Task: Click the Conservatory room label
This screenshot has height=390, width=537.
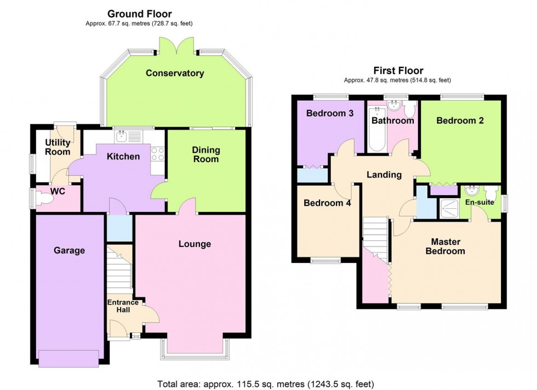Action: pyautogui.click(x=175, y=73)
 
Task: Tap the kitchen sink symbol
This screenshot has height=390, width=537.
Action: pyautogui.click(x=121, y=134)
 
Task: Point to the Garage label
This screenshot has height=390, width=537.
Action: pyautogui.click(x=69, y=250)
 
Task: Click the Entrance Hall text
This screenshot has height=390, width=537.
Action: pyautogui.click(x=123, y=307)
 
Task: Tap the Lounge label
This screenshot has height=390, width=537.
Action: pyautogui.click(x=195, y=244)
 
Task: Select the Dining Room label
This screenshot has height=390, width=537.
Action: pyautogui.click(x=206, y=154)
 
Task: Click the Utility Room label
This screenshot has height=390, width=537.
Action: pyautogui.click(x=58, y=147)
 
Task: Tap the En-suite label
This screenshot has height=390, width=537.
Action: pyautogui.click(x=480, y=202)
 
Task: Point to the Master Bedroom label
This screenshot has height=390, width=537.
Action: pyautogui.click(x=447, y=246)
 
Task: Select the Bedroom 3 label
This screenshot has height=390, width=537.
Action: pyautogui.click(x=329, y=114)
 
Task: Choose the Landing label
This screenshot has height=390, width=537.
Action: pyautogui.click(x=384, y=175)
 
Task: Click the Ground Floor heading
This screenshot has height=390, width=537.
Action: pyautogui.click(x=139, y=14)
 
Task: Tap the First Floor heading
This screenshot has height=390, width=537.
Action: pyautogui.click(x=398, y=70)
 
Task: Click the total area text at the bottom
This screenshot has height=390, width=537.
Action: pyautogui.click(x=266, y=383)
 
